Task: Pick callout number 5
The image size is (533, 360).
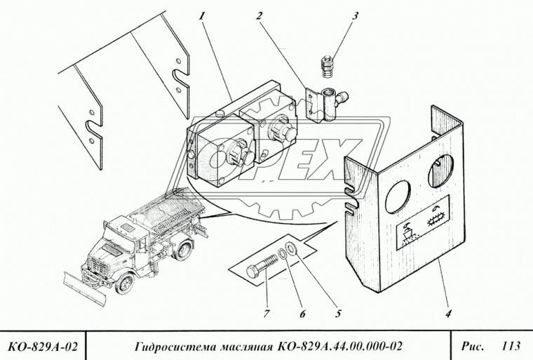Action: click(339, 314)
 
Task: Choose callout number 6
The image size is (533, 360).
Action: click(303, 314)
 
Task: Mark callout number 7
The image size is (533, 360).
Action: click(267, 314)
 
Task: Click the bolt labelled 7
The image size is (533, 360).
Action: click(262, 269)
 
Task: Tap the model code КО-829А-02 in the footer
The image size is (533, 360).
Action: click(42, 345)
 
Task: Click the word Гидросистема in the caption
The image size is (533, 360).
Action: click(175, 345)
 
